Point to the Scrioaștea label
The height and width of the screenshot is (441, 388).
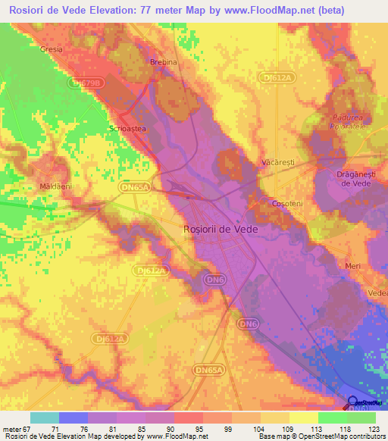pyautogui.click(x=127, y=129)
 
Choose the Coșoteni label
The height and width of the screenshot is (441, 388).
pyautogui.click(x=288, y=204)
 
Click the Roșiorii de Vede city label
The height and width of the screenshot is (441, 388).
pyautogui.click(x=221, y=228)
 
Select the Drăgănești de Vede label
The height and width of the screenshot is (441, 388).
pyautogui.click(x=352, y=178)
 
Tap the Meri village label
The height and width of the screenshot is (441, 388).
pyautogui.click(x=353, y=266)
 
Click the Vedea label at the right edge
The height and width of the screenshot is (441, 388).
pyautogui.click(x=377, y=293)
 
